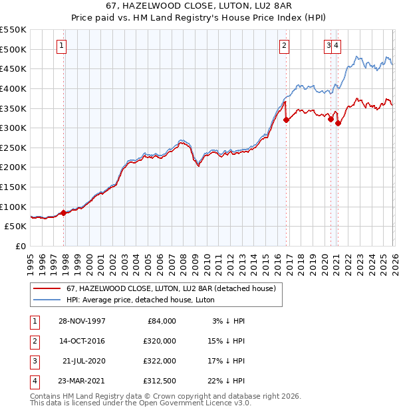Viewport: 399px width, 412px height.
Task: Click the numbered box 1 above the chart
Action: pyautogui.click(x=61, y=46)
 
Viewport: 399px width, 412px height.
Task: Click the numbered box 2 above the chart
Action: pyautogui.click(x=284, y=46)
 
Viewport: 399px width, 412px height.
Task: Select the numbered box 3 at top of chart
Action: pyautogui.click(x=329, y=46)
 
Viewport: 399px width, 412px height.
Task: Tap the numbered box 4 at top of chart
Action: pyautogui.click(x=337, y=46)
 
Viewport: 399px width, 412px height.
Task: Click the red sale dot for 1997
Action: pyautogui.click(x=64, y=213)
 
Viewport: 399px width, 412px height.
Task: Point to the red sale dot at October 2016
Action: pyautogui.click(x=286, y=120)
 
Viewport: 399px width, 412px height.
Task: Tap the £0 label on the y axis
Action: pyautogui.click(x=20, y=246)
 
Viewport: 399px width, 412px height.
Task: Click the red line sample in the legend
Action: pyautogui.click(x=47, y=288)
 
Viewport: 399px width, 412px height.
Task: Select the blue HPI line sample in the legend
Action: pyautogui.click(x=47, y=300)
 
